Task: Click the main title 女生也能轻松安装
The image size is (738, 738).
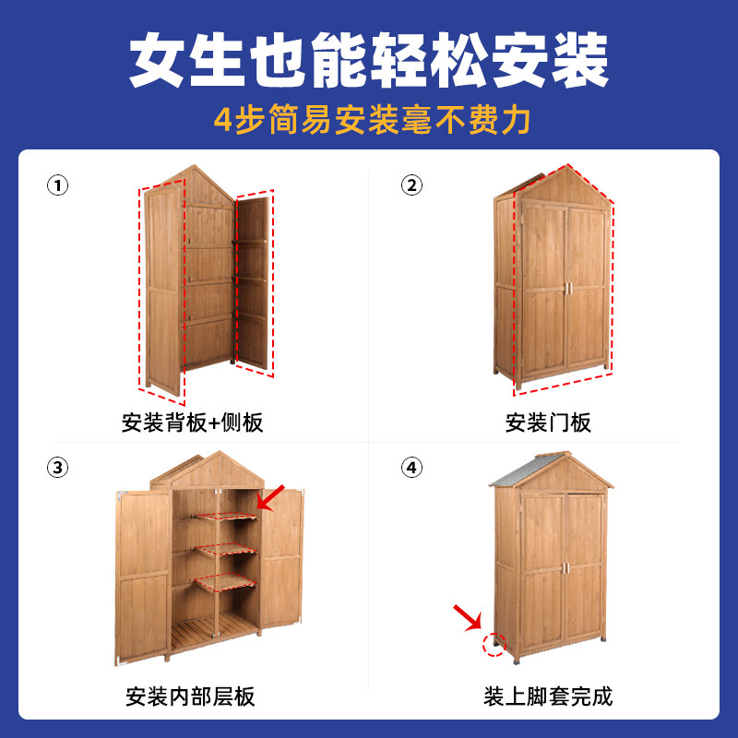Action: [x=369, y=62]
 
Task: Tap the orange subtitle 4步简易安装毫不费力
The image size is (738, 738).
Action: [x=369, y=120]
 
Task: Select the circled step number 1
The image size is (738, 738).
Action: [x=57, y=185]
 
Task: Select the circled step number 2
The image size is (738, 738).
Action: [x=411, y=185]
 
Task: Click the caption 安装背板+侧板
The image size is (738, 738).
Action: [x=192, y=423]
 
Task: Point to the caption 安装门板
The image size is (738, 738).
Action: [x=548, y=423]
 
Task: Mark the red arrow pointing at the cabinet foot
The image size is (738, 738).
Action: [x=468, y=616]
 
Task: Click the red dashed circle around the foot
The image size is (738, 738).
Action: [x=496, y=644]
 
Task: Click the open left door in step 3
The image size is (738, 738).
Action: [x=142, y=577]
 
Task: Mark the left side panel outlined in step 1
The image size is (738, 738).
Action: [x=162, y=286]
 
